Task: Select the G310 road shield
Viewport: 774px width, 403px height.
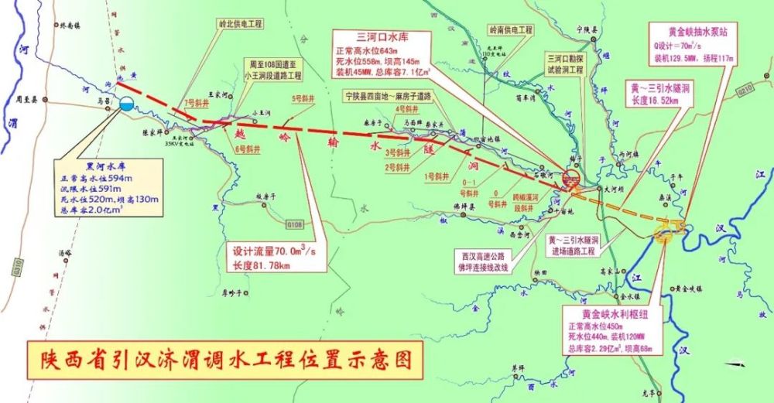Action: tap(17, 267)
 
